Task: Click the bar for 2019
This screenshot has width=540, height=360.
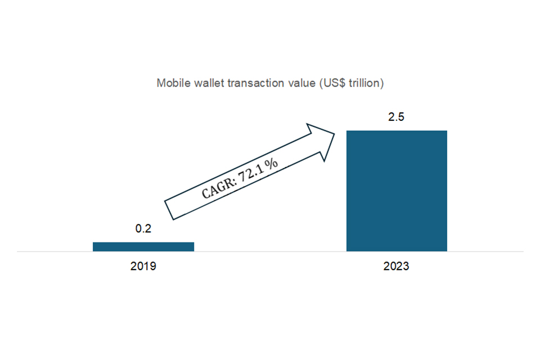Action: [143, 246]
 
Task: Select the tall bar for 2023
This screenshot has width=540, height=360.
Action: [397, 191]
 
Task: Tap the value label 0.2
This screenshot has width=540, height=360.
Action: [143, 229]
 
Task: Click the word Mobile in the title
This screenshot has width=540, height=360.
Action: [171, 83]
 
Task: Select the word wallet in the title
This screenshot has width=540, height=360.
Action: [204, 83]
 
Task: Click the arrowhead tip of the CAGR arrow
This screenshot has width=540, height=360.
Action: [336, 134]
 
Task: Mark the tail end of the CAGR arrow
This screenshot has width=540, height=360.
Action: [168, 209]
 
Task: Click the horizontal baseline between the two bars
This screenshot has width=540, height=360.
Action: [270, 251]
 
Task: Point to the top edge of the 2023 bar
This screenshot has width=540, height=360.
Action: [397, 131]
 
